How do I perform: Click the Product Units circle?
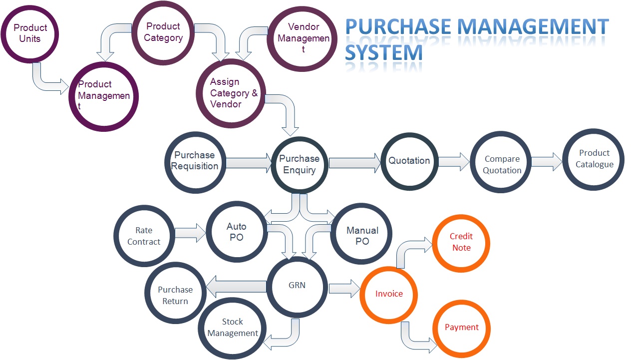(30, 33)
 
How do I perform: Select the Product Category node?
(163, 32)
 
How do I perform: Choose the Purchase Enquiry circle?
(300, 164)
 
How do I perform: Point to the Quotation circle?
(409, 161)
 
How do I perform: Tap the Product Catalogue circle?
(594, 159)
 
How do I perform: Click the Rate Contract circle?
(144, 236)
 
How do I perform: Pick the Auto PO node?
(237, 232)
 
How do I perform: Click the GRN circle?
(297, 286)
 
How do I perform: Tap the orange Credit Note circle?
(461, 243)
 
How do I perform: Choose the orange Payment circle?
(461, 328)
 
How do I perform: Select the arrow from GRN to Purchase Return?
(236, 287)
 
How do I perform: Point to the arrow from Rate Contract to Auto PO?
(190, 233)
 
